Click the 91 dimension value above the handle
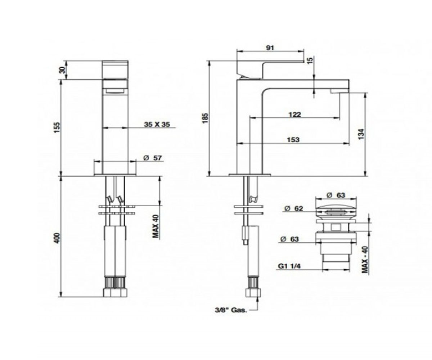pos(270,48)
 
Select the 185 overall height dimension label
pos(205,118)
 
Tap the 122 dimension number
pos(294,114)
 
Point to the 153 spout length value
pos(293,140)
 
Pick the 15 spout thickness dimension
pos(310,60)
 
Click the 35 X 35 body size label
pos(157,124)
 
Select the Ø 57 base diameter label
pos(153,158)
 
